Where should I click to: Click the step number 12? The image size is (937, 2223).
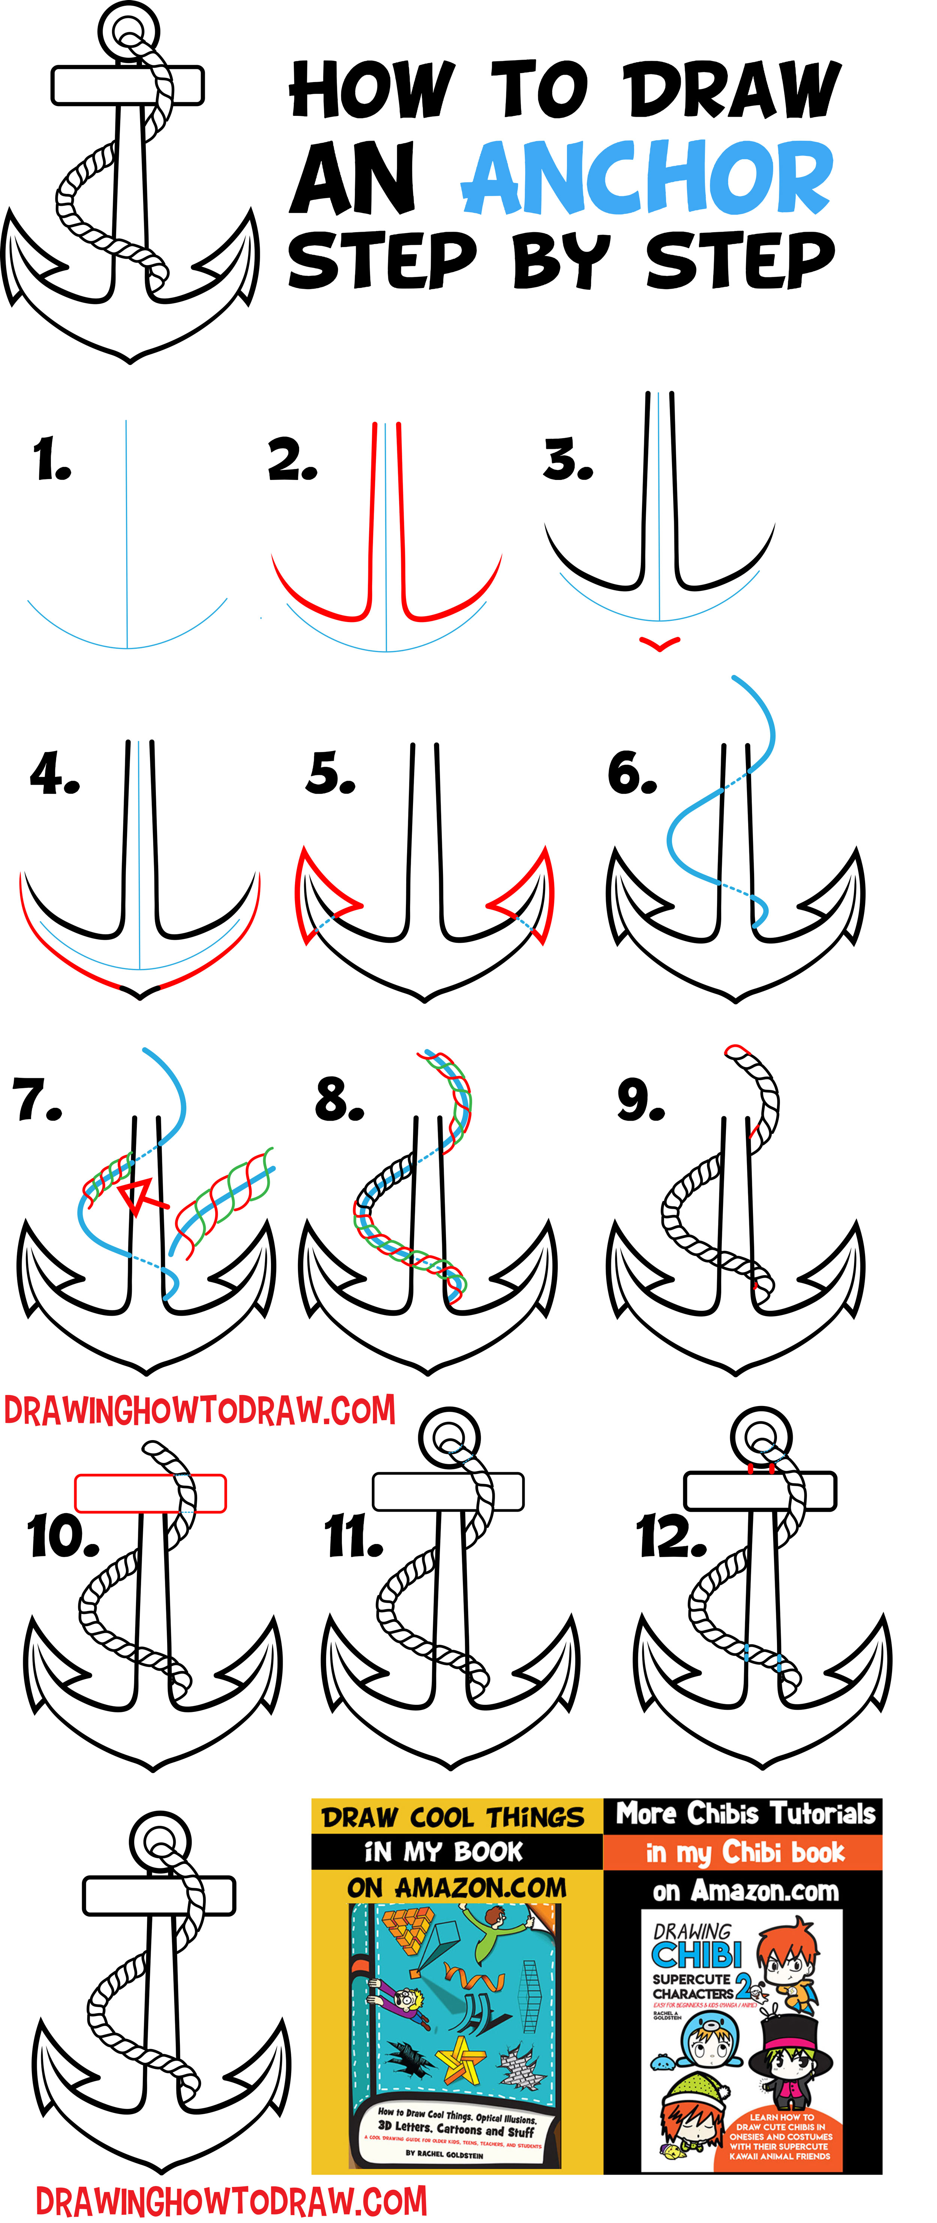(671, 1538)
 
